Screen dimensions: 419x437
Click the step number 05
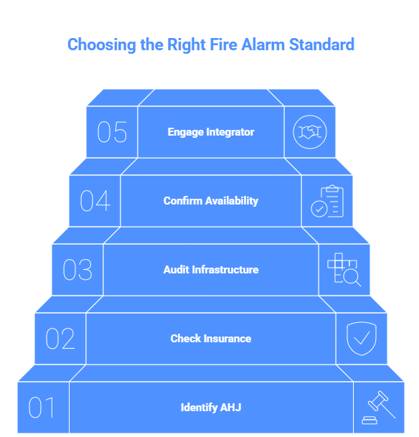pyautogui.click(x=112, y=132)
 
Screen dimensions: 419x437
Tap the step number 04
pyautogui.click(x=95, y=201)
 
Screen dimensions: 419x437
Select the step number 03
pyautogui.click(x=77, y=270)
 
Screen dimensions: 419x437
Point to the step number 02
pyautogui.click(x=60, y=339)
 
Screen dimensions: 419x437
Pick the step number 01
pyautogui.click(x=41, y=407)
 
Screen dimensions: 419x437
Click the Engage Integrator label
pyautogui.click(x=211, y=132)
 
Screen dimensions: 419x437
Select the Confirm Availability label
pyautogui.click(x=211, y=201)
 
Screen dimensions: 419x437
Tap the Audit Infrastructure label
pyautogui.click(x=211, y=270)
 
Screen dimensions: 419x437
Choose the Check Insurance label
pyautogui.click(x=211, y=339)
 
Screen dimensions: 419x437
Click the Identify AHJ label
pyautogui.click(x=211, y=408)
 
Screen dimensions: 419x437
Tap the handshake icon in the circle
pyautogui.click(x=310, y=132)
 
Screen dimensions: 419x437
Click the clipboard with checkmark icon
pyautogui.click(x=327, y=201)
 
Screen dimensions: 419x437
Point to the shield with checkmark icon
pyautogui.click(x=362, y=339)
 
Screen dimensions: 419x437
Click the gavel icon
pyautogui.click(x=379, y=408)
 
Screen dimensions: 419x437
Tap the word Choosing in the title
pyautogui.click(x=102, y=45)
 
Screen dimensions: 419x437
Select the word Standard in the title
pyautogui.click(x=321, y=44)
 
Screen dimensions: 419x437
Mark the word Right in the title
pyautogui.click(x=187, y=45)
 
